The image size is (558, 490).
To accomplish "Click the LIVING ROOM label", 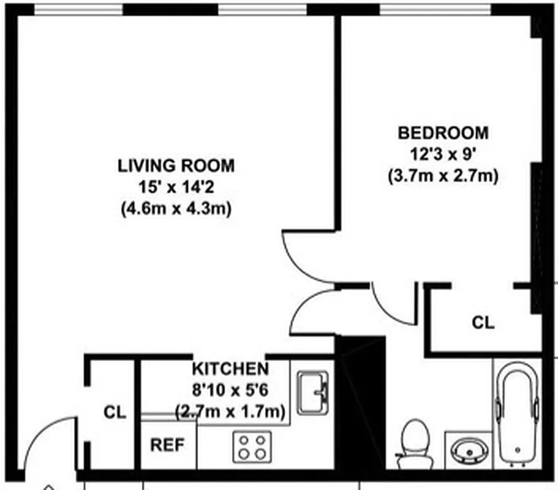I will pos(176,165).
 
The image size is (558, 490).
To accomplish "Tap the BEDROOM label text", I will pos(443,133).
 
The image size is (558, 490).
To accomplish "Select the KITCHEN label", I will pos(230,369).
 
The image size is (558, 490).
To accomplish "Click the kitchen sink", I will pos(313,393).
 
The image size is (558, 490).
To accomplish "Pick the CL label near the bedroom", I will pos(483,322).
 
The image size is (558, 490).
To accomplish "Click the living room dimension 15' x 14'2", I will pos(176,187).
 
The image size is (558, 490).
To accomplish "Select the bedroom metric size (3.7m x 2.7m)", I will pos(443,176).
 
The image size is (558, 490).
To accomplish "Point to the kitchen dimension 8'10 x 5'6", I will pos(230,390).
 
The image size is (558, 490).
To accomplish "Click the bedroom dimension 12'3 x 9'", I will pos(443,154).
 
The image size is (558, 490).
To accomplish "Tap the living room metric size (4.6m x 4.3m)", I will pos(176,208).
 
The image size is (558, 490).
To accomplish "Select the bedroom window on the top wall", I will pos(435,9).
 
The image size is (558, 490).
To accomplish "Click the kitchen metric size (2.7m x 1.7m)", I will pos(230,411).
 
